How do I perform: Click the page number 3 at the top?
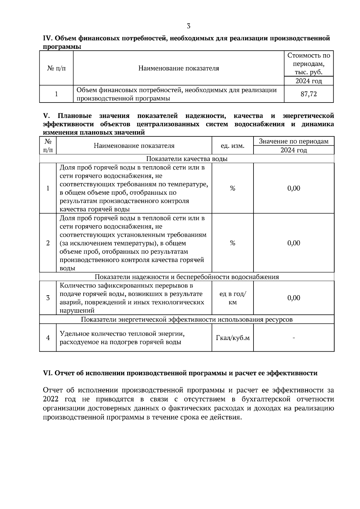188,26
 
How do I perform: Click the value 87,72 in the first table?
309,94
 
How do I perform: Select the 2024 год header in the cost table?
309,81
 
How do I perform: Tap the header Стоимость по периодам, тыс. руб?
309,64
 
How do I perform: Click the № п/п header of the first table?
56,68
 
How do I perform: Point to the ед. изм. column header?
232,146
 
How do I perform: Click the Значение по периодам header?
293,141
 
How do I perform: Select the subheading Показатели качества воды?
187,159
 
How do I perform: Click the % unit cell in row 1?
232,188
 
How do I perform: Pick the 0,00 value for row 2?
293,243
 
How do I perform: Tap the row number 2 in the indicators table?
48,243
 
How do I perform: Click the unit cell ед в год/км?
232,298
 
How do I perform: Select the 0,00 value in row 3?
293,298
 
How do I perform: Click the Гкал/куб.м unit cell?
232,338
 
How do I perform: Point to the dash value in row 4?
293,338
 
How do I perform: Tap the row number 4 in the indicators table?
48,338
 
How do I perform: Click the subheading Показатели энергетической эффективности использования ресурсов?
187,320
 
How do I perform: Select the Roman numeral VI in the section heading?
48,373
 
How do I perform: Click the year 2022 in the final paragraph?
51,399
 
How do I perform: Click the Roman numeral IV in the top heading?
48,38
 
